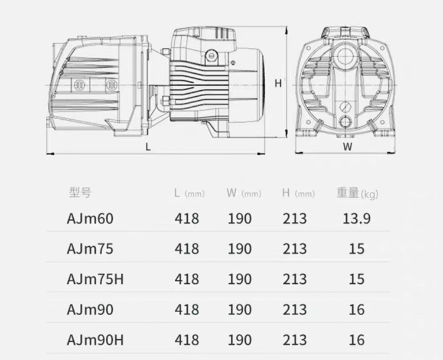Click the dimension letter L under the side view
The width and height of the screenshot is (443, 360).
pyautogui.click(x=148, y=147)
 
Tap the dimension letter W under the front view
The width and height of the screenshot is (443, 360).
pyautogui.click(x=347, y=146)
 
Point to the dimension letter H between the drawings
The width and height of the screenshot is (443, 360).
pyautogui.click(x=278, y=83)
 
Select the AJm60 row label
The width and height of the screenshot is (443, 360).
pyautogui.click(x=90, y=218)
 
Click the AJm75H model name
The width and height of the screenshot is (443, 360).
pyautogui.click(x=96, y=279)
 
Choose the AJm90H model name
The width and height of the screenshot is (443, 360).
pyautogui.click(x=96, y=340)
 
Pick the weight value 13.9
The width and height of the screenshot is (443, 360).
pyautogui.click(x=357, y=218)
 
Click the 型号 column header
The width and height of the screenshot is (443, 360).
pyautogui.click(x=80, y=192)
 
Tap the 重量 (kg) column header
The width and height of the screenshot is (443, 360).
pyautogui.click(x=357, y=193)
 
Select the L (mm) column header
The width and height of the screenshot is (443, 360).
pyautogui.click(x=189, y=193)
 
